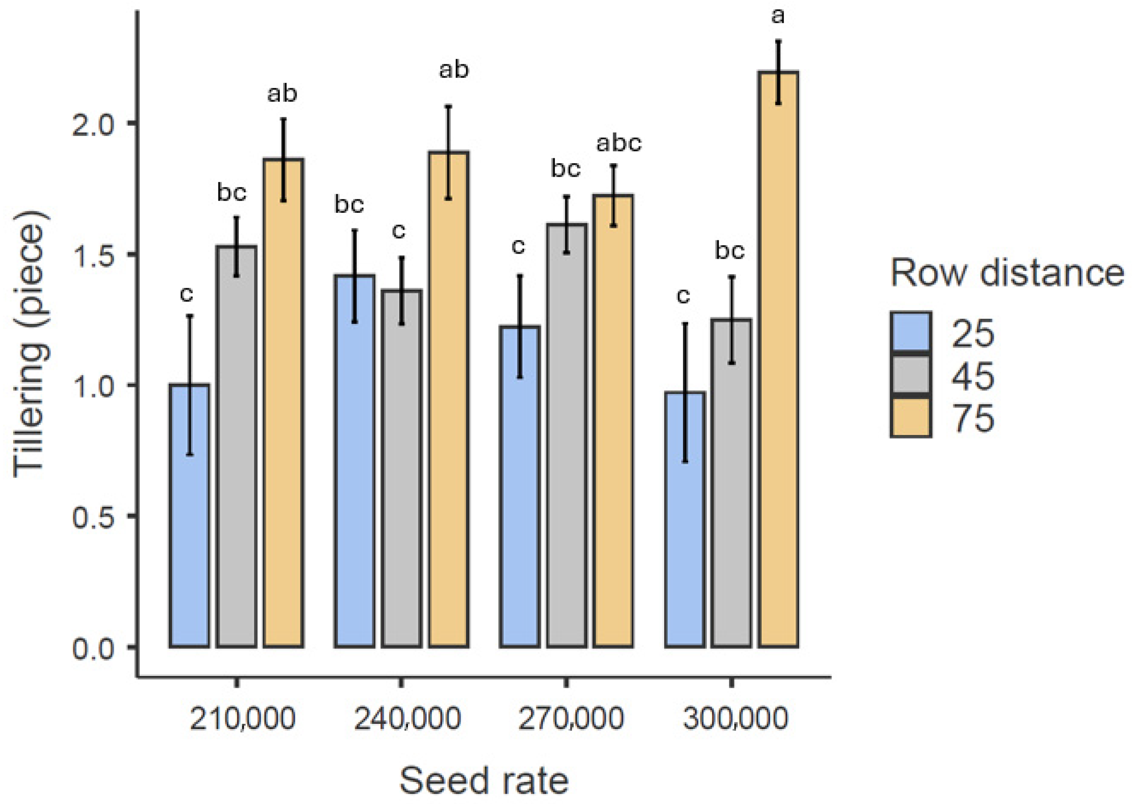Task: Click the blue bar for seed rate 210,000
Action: pyautogui.click(x=189, y=515)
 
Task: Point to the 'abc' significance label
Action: pyautogui.click(x=618, y=143)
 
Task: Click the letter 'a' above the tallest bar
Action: pyautogui.click(x=778, y=16)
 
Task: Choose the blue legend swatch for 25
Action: pyautogui.click(x=911, y=333)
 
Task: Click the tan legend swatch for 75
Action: pyautogui.click(x=911, y=417)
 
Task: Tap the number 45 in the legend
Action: pyautogui.click(x=973, y=376)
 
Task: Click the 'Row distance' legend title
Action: pyautogui.click(x=1007, y=273)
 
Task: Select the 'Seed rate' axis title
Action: pyautogui.click(x=484, y=781)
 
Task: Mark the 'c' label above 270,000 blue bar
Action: pyautogui.click(x=518, y=246)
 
